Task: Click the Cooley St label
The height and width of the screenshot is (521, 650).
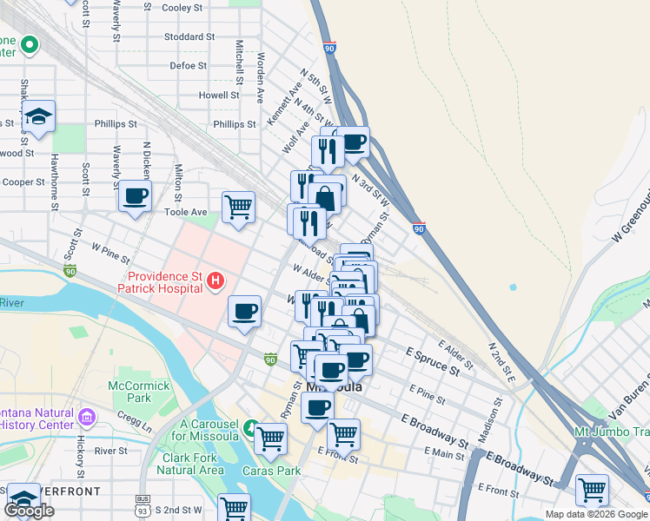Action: point(182,8)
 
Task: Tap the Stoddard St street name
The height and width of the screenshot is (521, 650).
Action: point(189,37)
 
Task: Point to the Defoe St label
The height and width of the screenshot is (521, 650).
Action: point(188,65)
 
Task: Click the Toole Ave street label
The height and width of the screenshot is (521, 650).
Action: point(186,212)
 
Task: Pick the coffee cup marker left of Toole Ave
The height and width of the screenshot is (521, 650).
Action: point(135,196)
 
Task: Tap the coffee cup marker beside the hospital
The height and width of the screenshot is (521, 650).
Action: point(244,311)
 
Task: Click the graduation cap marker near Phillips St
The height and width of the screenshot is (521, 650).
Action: point(38,116)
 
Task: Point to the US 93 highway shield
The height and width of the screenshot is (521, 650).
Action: point(142,500)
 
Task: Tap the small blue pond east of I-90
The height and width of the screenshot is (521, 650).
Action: point(512,287)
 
